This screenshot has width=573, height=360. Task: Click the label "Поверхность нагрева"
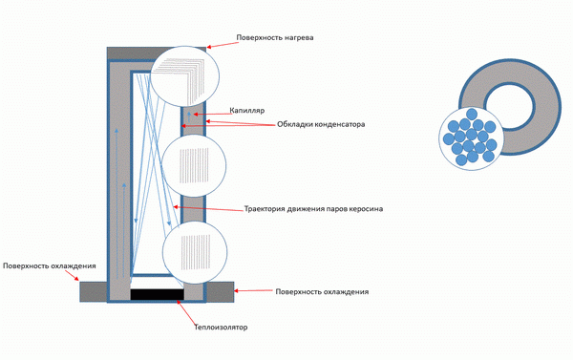[x=275, y=37]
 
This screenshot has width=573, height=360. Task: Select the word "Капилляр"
[x=247, y=111]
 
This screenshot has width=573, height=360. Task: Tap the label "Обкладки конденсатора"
[x=321, y=124]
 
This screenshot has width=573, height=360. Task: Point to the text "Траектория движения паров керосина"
[x=313, y=209]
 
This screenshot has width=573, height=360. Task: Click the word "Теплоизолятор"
[x=221, y=328]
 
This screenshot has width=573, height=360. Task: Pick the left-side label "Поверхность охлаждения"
[x=50, y=265]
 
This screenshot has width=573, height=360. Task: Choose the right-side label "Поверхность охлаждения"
[x=322, y=291]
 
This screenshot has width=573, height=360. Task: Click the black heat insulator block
[x=158, y=294]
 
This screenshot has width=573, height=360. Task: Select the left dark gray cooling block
[x=94, y=291]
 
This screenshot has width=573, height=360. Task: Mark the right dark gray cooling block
[x=220, y=291]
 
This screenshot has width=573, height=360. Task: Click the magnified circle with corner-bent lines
[x=185, y=76]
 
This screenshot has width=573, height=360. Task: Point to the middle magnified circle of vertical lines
[x=194, y=166]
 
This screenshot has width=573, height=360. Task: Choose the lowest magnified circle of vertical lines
[x=195, y=253]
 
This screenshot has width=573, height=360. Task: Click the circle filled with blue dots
[x=472, y=138]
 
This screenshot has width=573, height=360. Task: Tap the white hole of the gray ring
[x=510, y=107]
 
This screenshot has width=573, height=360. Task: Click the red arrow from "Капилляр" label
[x=213, y=114]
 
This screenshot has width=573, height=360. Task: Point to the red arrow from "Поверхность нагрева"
[x=222, y=44]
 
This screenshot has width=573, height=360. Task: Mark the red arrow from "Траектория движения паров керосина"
[x=208, y=208]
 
